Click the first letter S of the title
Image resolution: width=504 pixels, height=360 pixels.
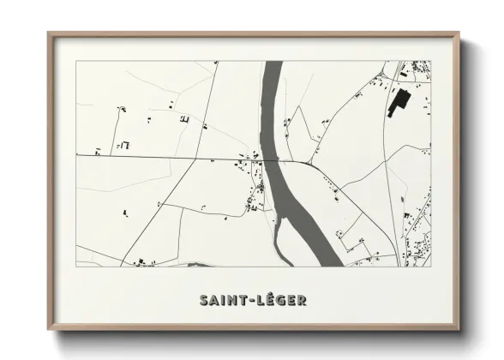204,301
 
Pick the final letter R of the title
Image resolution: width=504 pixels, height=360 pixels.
303,301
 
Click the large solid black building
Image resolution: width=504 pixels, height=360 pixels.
397,102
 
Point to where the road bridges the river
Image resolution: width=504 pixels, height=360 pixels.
273,159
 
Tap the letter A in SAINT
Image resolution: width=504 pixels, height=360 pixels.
214,301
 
